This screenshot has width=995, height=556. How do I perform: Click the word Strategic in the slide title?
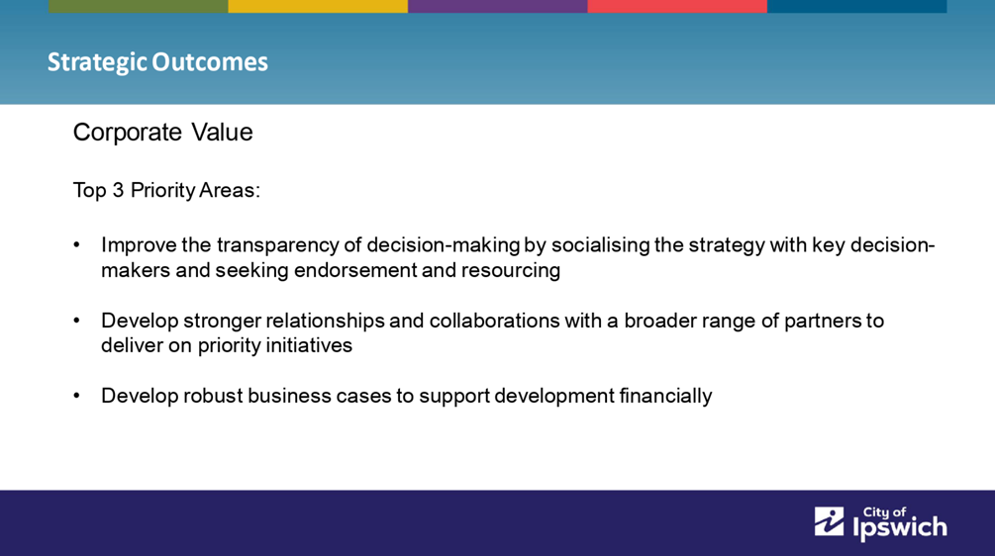click(97, 62)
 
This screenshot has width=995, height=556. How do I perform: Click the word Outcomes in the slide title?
click(210, 62)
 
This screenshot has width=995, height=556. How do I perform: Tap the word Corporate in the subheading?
click(128, 134)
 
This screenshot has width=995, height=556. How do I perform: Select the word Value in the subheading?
click(222, 133)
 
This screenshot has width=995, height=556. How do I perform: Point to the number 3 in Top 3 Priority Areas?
click(118, 190)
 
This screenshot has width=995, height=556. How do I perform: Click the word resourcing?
click(510, 271)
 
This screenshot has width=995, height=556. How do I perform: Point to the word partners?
click(823, 321)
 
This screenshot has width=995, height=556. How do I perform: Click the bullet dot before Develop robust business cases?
click(77, 397)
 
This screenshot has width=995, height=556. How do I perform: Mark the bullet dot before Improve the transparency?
click(77, 245)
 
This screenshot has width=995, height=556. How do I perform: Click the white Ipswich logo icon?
click(830, 521)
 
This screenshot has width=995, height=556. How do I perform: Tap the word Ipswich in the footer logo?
click(900, 528)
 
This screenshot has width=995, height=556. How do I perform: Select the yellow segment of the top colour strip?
click(318, 6)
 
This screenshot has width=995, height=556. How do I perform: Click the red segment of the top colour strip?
click(677, 6)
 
